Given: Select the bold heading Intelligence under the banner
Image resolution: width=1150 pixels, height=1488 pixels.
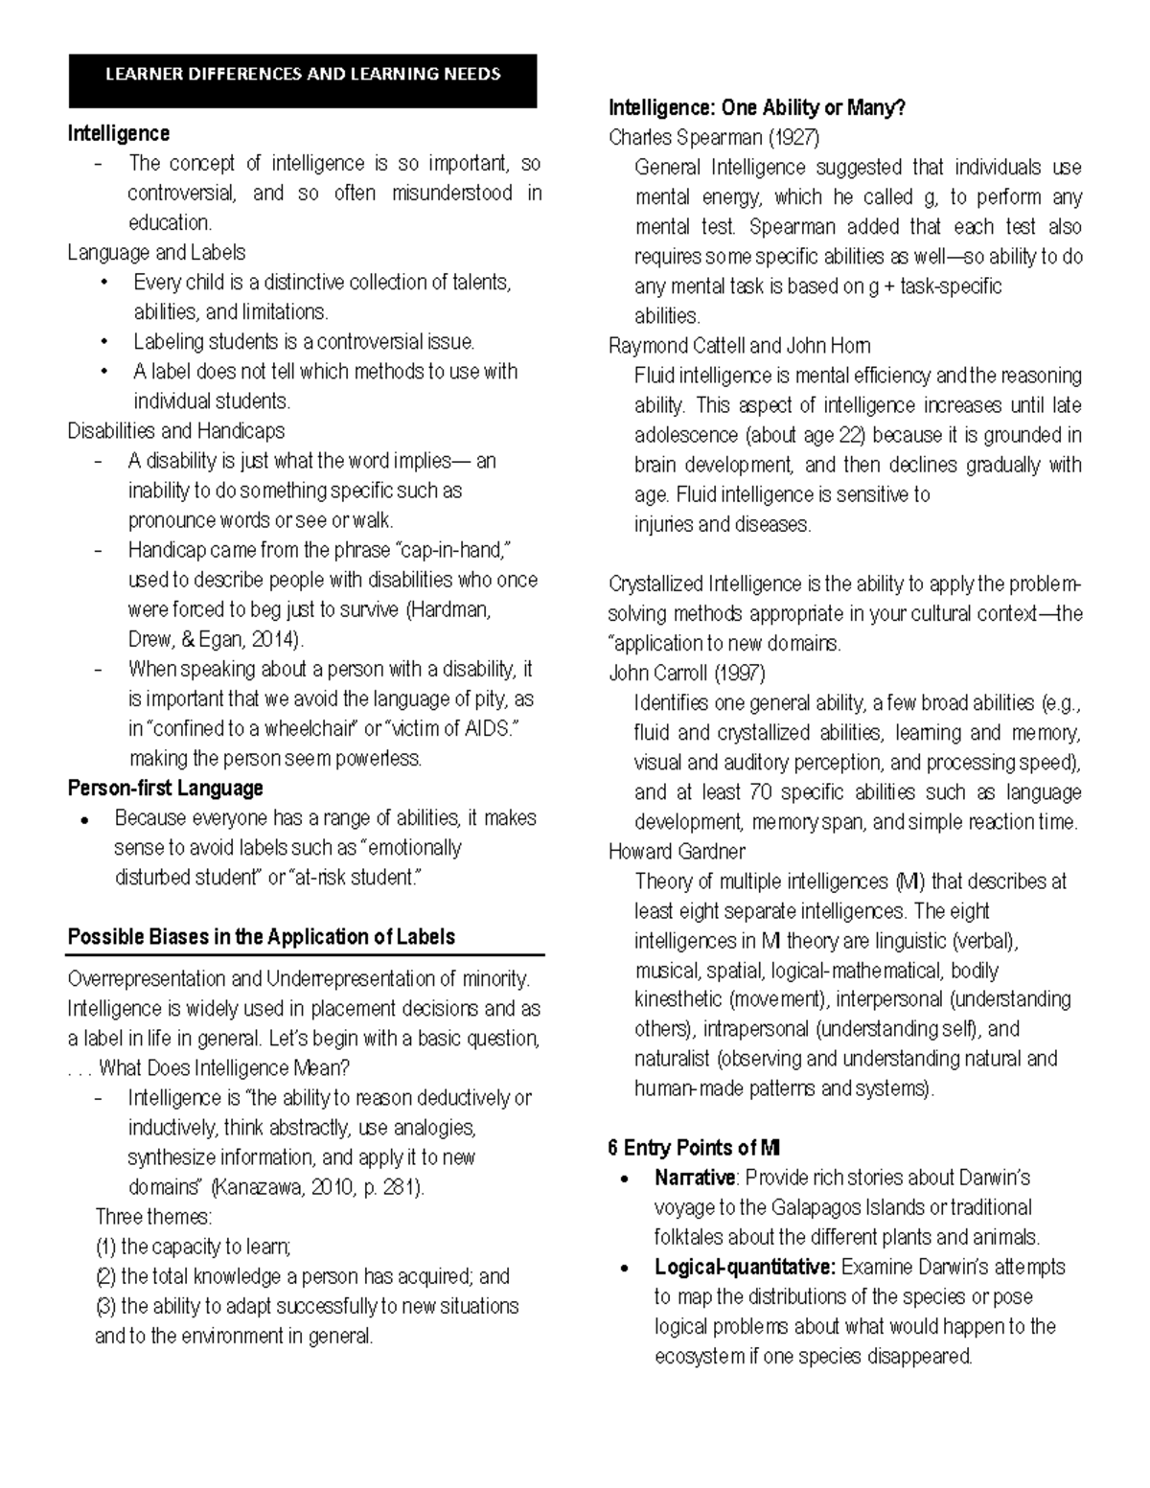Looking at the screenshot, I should coord(118,133).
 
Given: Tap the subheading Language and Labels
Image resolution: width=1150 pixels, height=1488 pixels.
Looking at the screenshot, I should coord(156,252).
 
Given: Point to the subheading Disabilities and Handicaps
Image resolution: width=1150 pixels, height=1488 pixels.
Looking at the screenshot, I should coord(175,430).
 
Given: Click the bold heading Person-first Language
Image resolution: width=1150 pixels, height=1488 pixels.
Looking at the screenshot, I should coord(165,788).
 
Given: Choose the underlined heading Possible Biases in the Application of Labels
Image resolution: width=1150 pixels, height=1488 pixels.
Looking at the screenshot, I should coord(261,936).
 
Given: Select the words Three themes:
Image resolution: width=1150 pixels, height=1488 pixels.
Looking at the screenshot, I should coord(154,1217).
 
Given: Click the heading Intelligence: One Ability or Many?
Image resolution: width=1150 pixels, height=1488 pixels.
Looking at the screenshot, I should coord(756,108).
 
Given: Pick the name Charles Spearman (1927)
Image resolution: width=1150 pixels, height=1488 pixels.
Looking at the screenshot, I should coord(714,137).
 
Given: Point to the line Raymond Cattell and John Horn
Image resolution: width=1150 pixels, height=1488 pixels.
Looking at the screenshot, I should coord(739,345).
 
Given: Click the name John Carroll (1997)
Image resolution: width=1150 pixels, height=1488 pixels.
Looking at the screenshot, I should coord(687,673).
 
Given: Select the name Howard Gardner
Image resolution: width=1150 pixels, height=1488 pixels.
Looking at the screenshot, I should coord(677,851).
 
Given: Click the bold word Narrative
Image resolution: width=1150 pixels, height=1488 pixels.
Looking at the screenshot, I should coord(695,1177).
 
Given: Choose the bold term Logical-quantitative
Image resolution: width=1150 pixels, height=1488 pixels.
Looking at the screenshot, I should coord(745,1266).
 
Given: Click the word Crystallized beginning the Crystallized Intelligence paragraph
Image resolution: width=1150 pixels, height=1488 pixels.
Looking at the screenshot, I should coord(655,584).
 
